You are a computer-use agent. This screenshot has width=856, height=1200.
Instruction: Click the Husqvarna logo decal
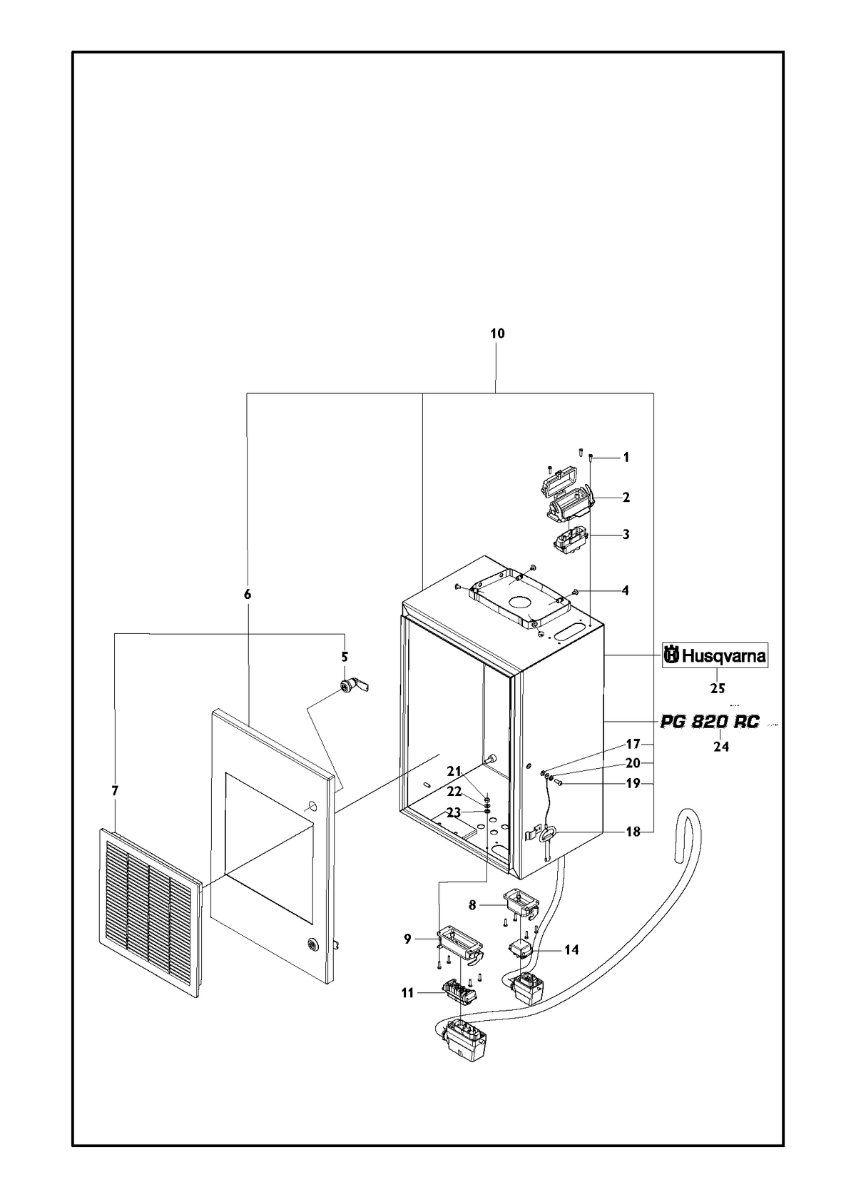(x=715, y=655)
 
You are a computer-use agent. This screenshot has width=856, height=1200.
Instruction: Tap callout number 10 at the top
(x=497, y=334)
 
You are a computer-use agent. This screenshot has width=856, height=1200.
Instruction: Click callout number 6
(x=248, y=594)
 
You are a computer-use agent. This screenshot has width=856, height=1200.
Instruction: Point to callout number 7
(x=115, y=791)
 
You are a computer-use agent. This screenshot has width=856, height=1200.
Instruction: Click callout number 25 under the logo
(x=718, y=689)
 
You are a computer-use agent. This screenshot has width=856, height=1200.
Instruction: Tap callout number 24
(x=721, y=746)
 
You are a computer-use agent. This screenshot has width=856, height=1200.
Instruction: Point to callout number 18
(x=633, y=832)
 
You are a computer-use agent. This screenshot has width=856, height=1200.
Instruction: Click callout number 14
(x=572, y=950)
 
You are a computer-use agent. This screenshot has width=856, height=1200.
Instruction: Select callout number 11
(x=407, y=993)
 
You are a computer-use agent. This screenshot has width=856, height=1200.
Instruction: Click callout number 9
(x=408, y=939)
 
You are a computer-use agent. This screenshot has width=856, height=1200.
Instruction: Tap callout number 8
(x=472, y=905)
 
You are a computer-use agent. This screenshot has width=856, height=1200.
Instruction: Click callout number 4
(x=625, y=590)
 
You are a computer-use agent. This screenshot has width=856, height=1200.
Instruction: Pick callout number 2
(x=626, y=497)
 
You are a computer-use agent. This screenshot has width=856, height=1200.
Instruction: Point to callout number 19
(x=633, y=784)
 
